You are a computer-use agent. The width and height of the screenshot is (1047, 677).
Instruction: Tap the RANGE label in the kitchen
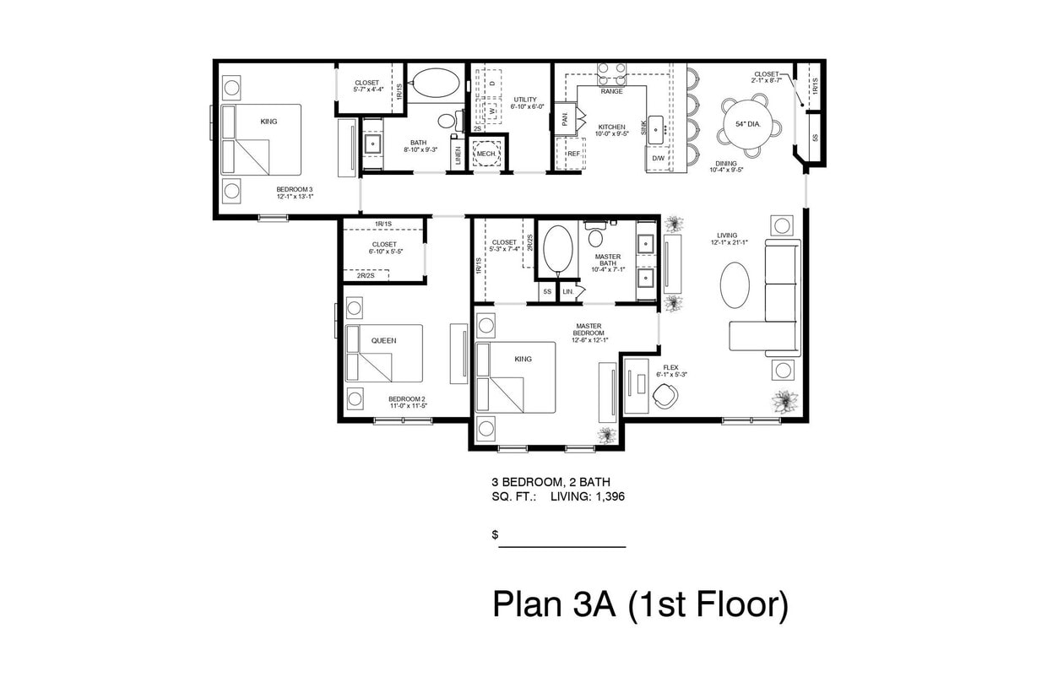coord(611,91)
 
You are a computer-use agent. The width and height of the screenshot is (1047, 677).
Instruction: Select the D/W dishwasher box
coord(659,158)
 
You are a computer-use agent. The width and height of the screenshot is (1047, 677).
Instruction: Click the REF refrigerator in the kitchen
coord(573,154)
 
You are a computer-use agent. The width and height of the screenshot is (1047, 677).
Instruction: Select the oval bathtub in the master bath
coord(557,250)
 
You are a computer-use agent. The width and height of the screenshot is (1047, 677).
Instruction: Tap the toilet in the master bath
coord(595,235)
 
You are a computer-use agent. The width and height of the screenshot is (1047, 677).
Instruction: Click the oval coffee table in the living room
coord(734,285)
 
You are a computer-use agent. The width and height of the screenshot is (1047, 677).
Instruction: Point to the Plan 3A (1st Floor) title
coord(640,605)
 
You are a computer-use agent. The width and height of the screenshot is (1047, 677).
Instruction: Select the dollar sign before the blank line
coord(495,535)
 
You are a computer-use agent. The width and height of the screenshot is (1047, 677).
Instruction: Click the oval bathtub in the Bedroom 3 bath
coord(435,84)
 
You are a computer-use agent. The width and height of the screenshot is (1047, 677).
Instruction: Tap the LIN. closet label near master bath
coord(568,292)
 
